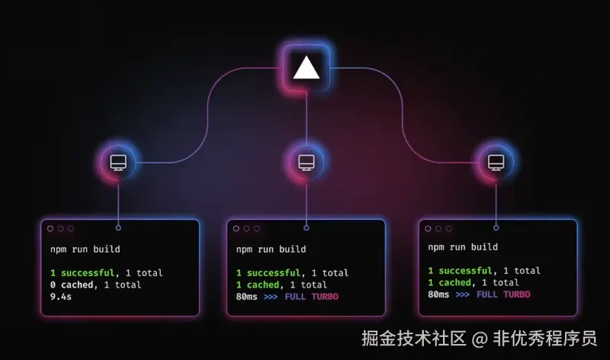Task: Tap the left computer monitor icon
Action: [118, 162]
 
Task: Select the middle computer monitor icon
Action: [306, 162]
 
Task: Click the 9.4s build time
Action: [62, 297]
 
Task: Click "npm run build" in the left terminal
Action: [85, 249]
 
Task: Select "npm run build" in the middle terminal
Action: [271, 249]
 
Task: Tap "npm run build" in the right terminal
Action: [463, 247]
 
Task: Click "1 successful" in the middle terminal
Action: [268, 272]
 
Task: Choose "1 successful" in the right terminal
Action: [460, 271]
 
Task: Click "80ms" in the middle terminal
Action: [248, 297]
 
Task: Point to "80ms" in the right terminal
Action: [439, 294]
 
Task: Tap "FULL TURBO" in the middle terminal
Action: [311, 297]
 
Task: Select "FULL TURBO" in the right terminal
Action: [503, 294]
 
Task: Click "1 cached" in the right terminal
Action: [449, 283]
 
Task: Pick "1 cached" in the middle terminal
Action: [258, 284]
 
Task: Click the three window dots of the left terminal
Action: [60, 228]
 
